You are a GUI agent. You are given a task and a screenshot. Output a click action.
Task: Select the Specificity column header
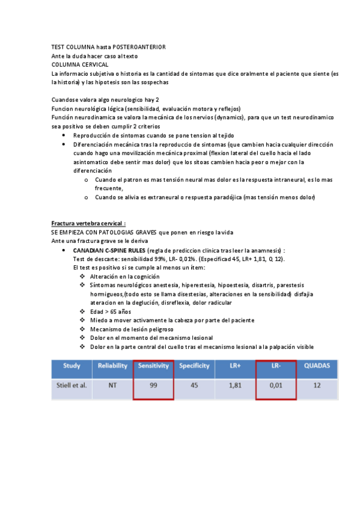(x=194, y=366)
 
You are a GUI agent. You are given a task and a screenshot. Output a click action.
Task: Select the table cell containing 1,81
(x=235, y=386)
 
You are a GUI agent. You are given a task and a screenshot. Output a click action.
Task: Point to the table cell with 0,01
(x=276, y=386)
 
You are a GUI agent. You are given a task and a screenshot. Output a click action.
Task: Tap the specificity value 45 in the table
(x=194, y=386)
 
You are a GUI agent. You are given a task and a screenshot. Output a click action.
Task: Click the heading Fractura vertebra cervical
(x=88, y=223)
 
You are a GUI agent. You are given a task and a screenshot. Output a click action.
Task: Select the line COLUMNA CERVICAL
(x=80, y=64)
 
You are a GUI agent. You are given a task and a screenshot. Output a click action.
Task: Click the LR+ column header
(x=235, y=366)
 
